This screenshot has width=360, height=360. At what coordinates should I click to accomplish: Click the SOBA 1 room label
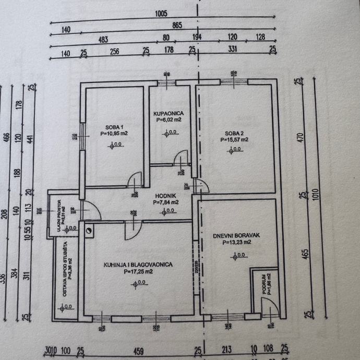114,127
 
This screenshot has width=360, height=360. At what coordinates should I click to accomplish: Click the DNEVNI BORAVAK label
232,235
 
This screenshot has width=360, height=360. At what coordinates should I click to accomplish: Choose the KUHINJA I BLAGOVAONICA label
138,265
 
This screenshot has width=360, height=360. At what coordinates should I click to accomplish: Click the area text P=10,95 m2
115,134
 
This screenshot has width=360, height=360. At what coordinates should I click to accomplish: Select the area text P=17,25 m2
138,271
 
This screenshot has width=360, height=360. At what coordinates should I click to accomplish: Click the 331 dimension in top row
233,50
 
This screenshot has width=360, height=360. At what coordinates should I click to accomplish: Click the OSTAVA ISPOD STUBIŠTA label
65,270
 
